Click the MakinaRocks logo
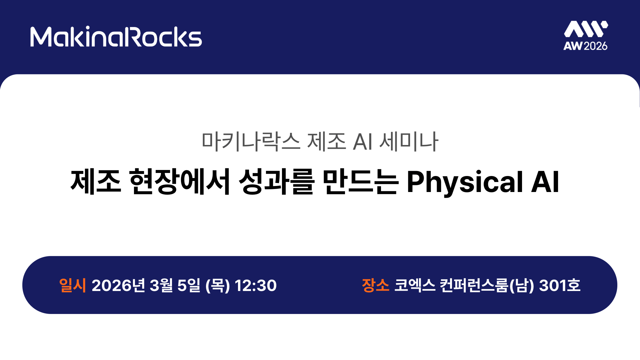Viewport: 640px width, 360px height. tap(116, 37)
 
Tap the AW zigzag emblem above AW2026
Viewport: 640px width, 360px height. tap(586, 29)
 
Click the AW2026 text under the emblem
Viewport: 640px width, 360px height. tap(585, 46)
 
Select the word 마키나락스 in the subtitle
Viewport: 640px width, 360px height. tap(251, 141)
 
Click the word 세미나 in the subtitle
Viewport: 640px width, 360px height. tap(409, 141)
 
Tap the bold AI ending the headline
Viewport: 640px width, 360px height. tap(545, 182)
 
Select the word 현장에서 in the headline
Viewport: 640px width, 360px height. tap(180, 182)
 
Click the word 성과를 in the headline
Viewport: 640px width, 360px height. tap(277, 182)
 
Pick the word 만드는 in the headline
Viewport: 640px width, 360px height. tap(361, 182)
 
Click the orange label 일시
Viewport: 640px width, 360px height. tap(72, 285)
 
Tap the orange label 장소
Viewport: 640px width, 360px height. tap(376, 285)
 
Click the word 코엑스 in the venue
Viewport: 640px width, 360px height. tap(415, 285)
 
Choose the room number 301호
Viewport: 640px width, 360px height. tap(560, 285)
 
